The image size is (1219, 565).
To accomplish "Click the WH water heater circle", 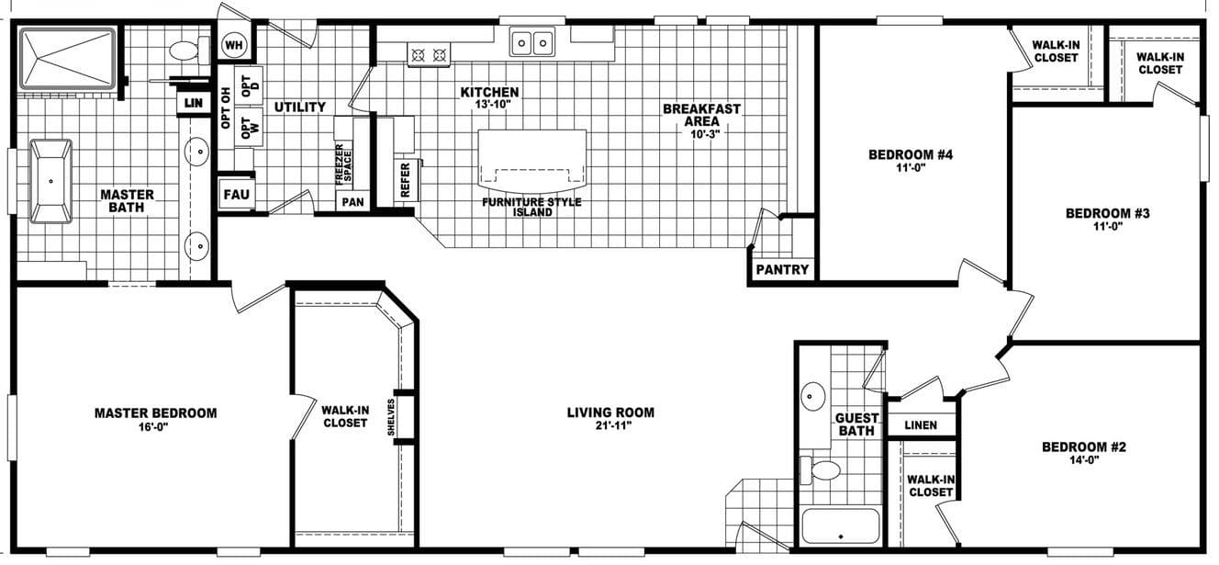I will coord(234,45).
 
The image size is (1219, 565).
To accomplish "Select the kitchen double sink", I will coord(532,41).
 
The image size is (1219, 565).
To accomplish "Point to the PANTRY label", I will coord(783,270).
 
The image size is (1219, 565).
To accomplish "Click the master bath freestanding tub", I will coord(50,181).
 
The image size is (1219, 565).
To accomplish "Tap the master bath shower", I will coord(67,59).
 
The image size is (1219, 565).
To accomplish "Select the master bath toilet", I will coord(187,50).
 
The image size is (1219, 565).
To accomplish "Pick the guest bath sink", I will coord(813,397).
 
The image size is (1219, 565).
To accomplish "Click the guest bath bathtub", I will coord(840,527).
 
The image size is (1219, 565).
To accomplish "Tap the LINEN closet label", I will coord(921,425).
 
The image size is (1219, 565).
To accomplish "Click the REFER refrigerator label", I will coord(406,180).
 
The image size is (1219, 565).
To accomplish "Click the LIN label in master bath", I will coord(193,103).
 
